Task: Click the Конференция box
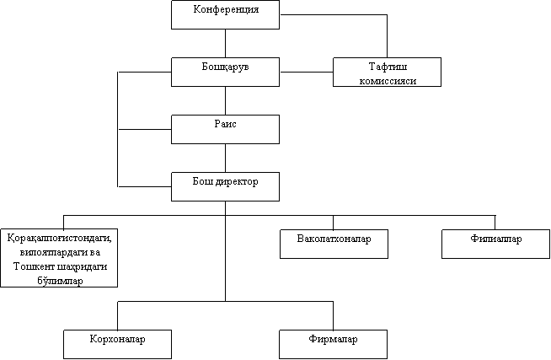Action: [x=225, y=15]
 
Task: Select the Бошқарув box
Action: [x=225, y=72]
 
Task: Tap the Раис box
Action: [x=225, y=129]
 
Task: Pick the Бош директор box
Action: [x=225, y=186]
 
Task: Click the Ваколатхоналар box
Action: [x=334, y=244]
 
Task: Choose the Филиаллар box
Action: [x=495, y=244]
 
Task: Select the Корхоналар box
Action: [x=117, y=344]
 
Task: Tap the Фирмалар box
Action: [x=333, y=344]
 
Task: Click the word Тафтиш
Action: [x=388, y=67]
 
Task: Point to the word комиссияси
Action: [x=388, y=81]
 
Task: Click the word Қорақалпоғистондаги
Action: [x=59, y=239]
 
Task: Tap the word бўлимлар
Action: [x=60, y=281]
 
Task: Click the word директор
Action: [x=237, y=182]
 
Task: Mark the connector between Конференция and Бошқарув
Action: [x=225, y=43]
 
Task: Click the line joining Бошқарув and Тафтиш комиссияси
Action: [x=307, y=72]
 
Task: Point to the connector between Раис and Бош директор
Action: [x=225, y=158]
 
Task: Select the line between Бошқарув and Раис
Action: [x=225, y=100]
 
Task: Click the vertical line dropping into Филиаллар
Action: [x=495, y=223]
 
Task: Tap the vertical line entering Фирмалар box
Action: [x=333, y=315]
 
